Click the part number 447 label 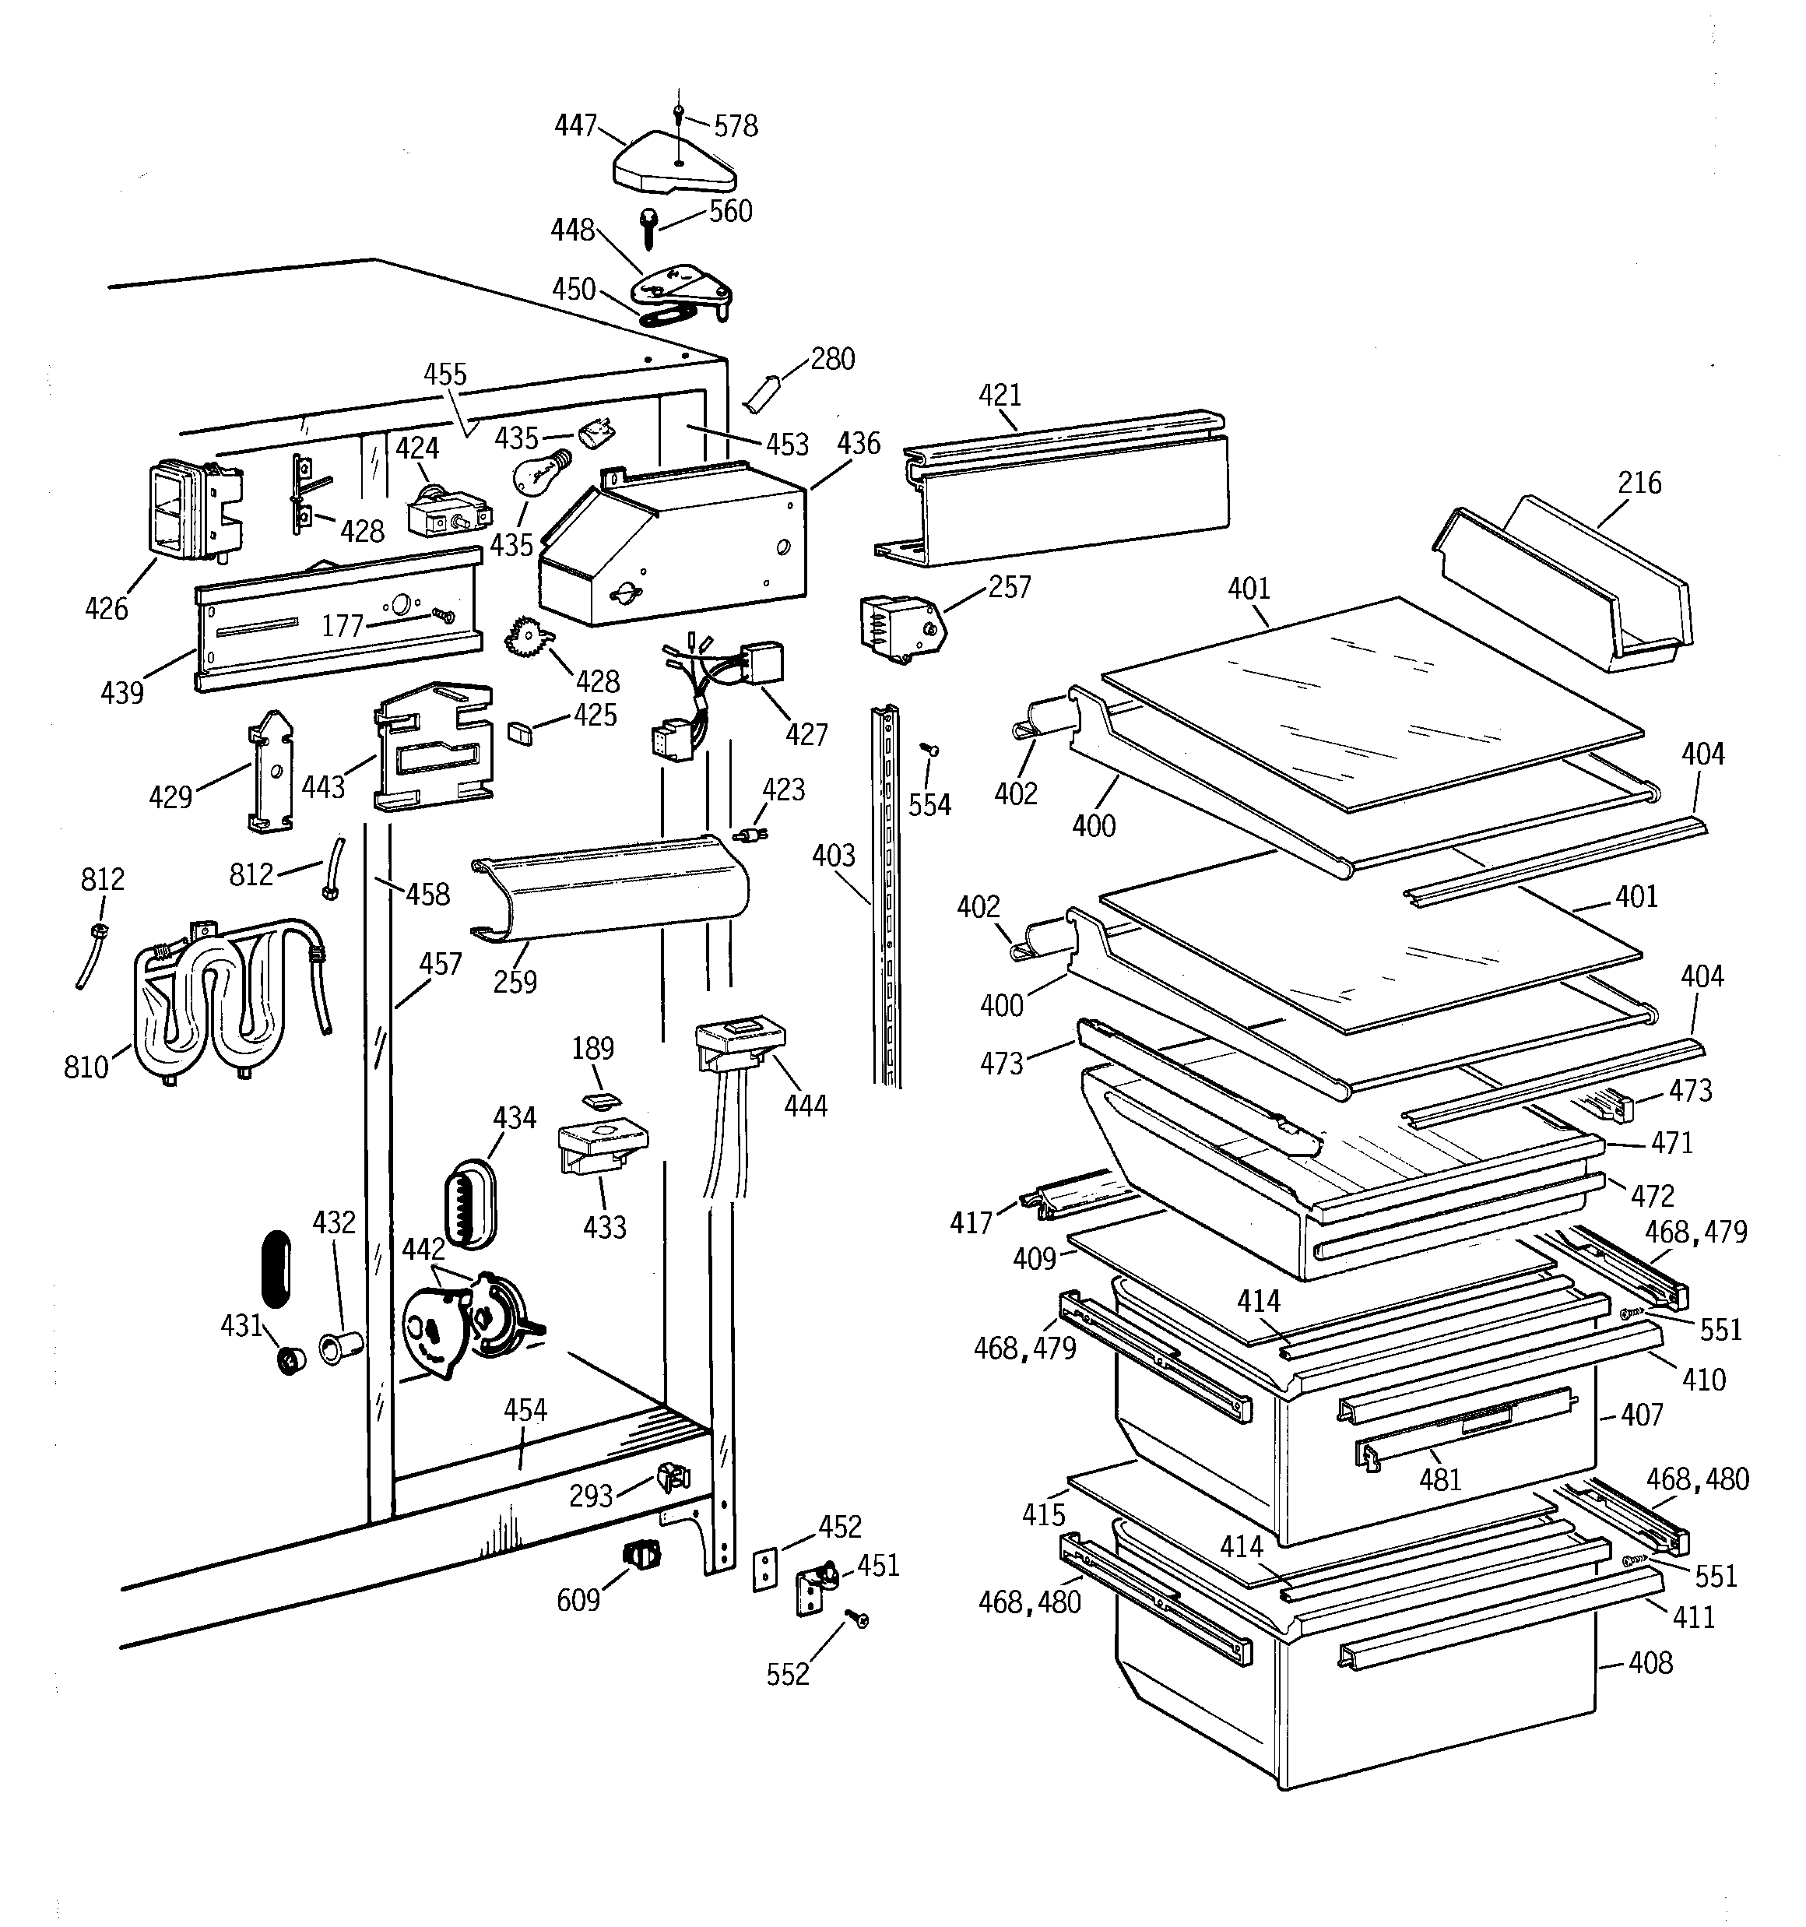pyautogui.click(x=576, y=126)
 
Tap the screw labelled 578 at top pyautogui.click(x=679, y=114)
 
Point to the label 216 pyautogui.click(x=1639, y=483)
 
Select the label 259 pyautogui.click(x=515, y=982)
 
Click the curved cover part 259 pyautogui.click(x=611, y=888)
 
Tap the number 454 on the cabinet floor pyautogui.click(x=525, y=1410)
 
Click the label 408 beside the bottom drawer pyautogui.click(x=1650, y=1663)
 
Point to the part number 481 pyautogui.click(x=1439, y=1479)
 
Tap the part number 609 pyautogui.click(x=578, y=1600)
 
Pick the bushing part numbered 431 pyautogui.click(x=290, y=1361)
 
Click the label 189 pyautogui.click(x=592, y=1048)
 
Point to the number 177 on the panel pyautogui.click(x=343, y=626)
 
